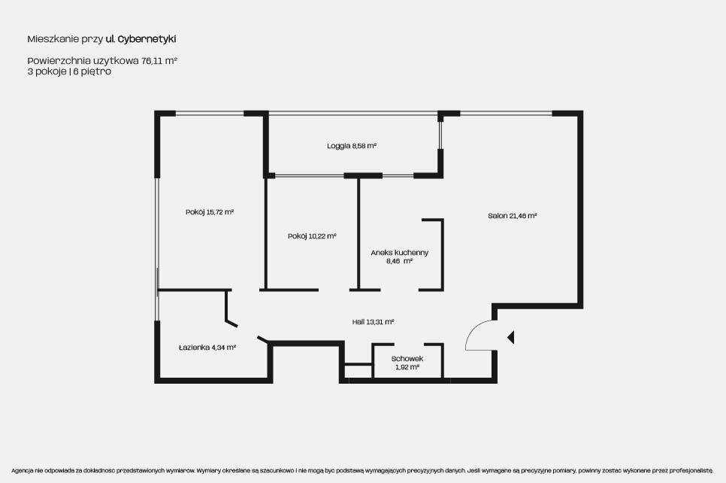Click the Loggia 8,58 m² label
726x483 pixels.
tap(352, 146)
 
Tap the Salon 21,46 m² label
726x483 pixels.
tap(512, 215)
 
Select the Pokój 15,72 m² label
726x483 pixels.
tap(209, 212)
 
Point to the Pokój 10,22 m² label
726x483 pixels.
tap(312, 236)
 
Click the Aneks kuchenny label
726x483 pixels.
tap(400, 253)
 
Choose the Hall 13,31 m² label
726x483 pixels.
tap(373, 322)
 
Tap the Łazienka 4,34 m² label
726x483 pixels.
tap(207, 347)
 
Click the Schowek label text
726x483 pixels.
tap(407, 359)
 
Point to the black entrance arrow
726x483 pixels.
tap(511, 338)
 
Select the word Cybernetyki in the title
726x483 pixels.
tap(147, 39)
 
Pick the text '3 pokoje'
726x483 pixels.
tap(47, 71)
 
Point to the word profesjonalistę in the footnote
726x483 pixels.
tap(694, 470)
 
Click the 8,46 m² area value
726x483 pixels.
tap(399, 261)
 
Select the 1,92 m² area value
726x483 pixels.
tap(407, 367)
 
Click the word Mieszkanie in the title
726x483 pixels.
tap(53, 39)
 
